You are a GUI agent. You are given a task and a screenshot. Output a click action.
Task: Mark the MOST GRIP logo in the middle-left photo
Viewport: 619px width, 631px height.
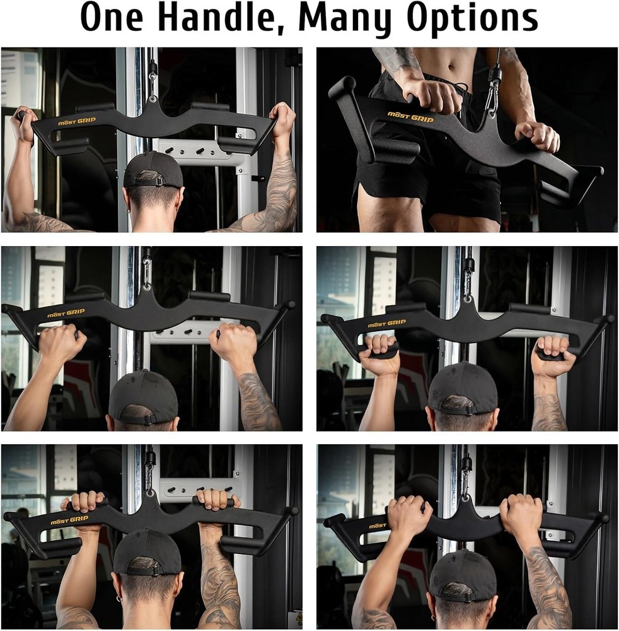(x=66, y=313)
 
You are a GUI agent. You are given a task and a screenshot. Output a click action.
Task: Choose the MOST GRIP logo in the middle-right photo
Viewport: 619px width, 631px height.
(x=387, y=324)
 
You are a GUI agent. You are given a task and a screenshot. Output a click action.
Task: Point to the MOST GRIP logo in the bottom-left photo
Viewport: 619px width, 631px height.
(x=69, y=520)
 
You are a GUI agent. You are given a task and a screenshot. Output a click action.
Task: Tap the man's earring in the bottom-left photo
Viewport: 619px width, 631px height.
(x=118, y=594)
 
